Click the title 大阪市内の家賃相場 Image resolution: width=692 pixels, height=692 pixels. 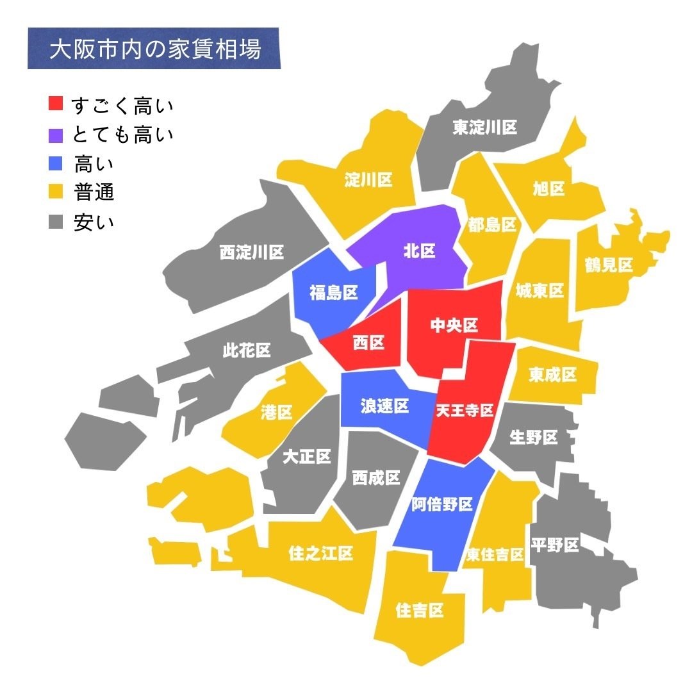click(x=155, y=49)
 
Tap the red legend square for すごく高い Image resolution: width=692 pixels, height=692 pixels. click(x=56, y=103)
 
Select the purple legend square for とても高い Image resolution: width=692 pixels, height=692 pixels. click(x=56, y=134)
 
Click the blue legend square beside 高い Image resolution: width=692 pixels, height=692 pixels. click(x=56, y=163)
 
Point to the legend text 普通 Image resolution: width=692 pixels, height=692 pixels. click(x=94, y=192)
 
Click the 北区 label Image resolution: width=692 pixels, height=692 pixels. click(x=419, y=251)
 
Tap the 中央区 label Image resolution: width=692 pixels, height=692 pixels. click(x=454, y=325)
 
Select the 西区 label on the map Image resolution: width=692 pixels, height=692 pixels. click(x=368, y=343)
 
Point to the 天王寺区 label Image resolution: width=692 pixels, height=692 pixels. click(x=465, y=411)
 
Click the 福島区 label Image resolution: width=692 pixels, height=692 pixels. click(x=333, y=293)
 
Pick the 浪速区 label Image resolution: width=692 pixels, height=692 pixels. click(x=384, y=406)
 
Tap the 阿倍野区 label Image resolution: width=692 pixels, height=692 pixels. click(x=441, y=504)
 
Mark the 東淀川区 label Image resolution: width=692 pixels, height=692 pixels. click(x=484, y=128)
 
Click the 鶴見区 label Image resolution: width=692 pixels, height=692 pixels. click(x=608, y=265)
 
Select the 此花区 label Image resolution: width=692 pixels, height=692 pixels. click(x=247, y=350)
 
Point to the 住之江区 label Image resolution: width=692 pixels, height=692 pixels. click(x=321, y=553)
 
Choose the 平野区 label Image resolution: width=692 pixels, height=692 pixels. click(x=555, y=545)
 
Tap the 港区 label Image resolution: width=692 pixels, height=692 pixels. click(x=277, y=413)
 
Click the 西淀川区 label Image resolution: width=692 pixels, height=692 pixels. click(x=252, y=252)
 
